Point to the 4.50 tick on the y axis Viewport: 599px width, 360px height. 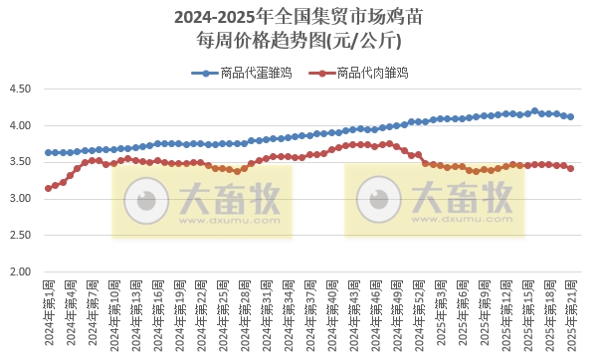pos(20,90)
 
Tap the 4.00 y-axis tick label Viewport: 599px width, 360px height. pos(20,126)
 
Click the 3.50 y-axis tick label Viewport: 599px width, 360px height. pos(20,162)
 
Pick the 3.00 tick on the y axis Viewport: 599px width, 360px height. pos(20,199)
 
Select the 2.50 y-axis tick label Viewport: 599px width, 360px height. pos(20,236)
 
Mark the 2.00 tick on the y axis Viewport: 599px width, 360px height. pos(20,271)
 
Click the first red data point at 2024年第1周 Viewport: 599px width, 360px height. pos(48,188)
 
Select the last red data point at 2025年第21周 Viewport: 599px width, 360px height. pos(570,168)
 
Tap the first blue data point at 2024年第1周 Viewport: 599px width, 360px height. pos(48,152)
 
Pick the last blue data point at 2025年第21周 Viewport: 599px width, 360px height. pos(570,116)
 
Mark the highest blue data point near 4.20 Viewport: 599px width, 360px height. pos(534,111)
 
